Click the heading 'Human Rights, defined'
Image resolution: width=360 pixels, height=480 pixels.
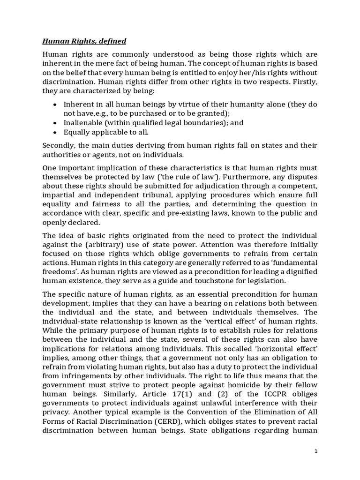point(84,41)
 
